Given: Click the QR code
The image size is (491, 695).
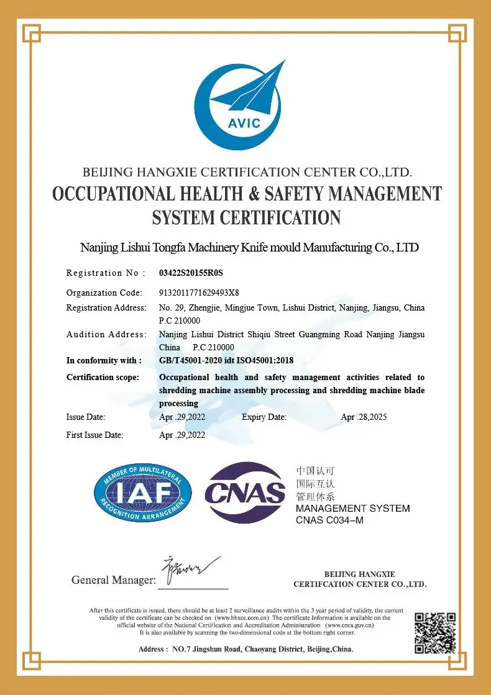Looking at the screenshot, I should click(435, 633).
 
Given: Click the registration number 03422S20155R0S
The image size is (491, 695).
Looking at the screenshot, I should click(191, 273).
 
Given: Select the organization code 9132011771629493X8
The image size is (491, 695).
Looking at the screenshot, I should click(200, 293).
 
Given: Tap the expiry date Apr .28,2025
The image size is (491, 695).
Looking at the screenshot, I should click(364, 417).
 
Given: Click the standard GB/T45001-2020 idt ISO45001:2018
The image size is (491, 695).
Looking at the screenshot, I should click(226, 360).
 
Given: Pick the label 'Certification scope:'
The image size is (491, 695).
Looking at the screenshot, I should click(103, 377).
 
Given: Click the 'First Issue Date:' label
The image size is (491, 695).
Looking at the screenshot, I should click(94, 435).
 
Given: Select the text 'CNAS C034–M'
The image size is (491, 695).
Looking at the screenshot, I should click(329, 520).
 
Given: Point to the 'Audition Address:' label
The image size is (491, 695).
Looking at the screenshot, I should click(105, 334).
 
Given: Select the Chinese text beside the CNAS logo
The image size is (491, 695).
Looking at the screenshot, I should click(316, 483).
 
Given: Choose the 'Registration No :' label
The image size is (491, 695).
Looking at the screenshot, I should click(106, 273).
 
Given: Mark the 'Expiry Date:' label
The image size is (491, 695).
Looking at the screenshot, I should click(264, 417).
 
